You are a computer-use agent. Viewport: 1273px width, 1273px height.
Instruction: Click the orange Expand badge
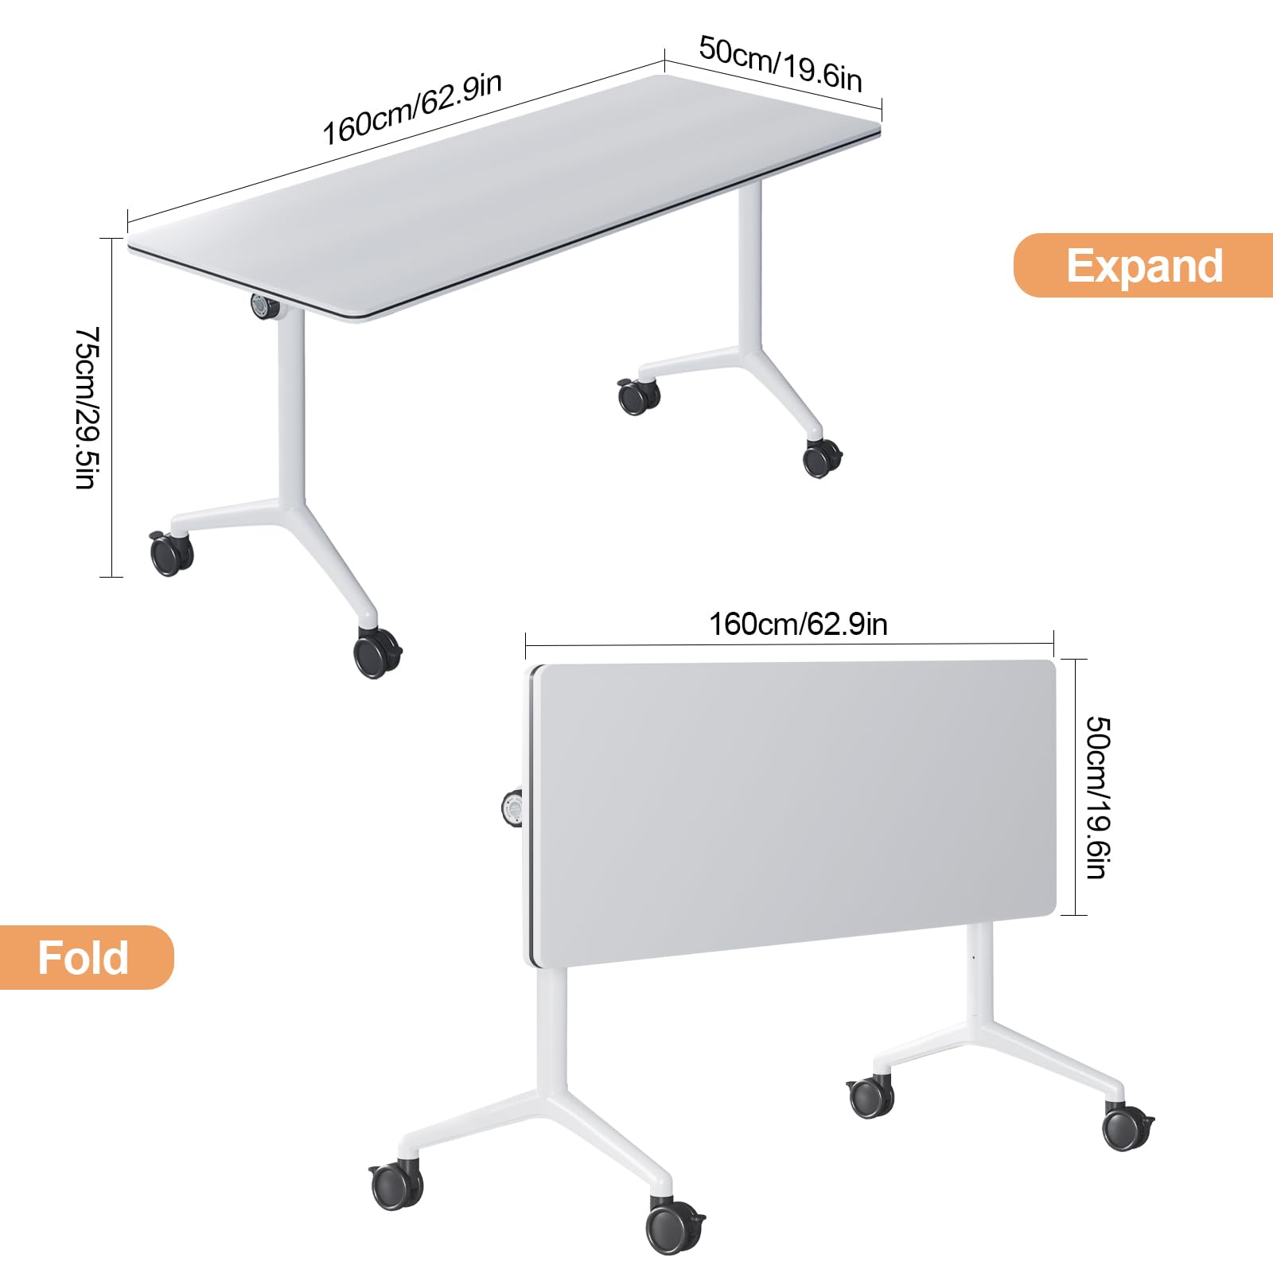click(x=1143, y=265)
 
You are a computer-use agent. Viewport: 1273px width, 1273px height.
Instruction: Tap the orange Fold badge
click(x=86, y=957)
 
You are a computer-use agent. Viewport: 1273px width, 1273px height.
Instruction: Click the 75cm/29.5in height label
click(x=85, y=407)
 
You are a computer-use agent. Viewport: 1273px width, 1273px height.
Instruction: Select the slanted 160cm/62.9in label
click(x=411, y=108)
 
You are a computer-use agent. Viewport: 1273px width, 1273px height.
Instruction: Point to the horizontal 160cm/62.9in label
click(x=798, y=624)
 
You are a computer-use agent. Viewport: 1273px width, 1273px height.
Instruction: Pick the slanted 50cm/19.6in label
click(x=781, y=64)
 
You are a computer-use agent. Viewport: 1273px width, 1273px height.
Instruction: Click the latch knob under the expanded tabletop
click(x=263, y=307)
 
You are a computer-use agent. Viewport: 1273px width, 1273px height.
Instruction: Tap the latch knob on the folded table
click(x=512, y=808)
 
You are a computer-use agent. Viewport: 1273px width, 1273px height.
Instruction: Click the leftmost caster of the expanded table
click(x=171, y=553)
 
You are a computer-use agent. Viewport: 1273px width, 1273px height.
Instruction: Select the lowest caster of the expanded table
click(x=376, y=653)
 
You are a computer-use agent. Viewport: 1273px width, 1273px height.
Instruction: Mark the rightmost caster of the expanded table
click(x=822, y=458)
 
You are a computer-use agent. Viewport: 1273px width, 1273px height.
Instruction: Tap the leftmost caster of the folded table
click(x=395, y=1186)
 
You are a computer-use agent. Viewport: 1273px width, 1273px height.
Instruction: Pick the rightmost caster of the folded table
click(x=1127, y=1126)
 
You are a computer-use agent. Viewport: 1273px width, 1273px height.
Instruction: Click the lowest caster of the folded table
click(x=675, y=1226)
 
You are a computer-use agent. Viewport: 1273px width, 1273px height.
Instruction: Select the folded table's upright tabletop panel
click(x=792, y=812)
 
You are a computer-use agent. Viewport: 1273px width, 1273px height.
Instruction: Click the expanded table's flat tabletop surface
click(x=504, y=196)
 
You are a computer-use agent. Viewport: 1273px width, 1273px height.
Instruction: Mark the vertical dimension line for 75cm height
click(x=111, y=407)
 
